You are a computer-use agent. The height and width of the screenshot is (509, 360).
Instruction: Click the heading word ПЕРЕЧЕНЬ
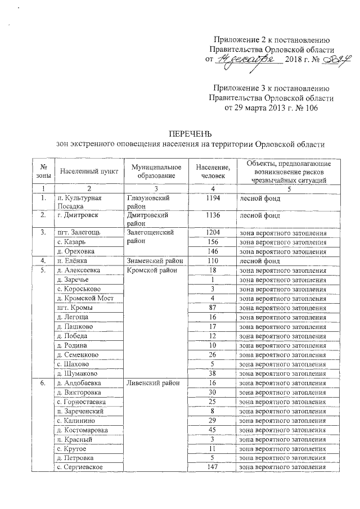(x=191, y=134)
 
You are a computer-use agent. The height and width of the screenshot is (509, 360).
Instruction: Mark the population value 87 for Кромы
(x=213, y=308)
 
